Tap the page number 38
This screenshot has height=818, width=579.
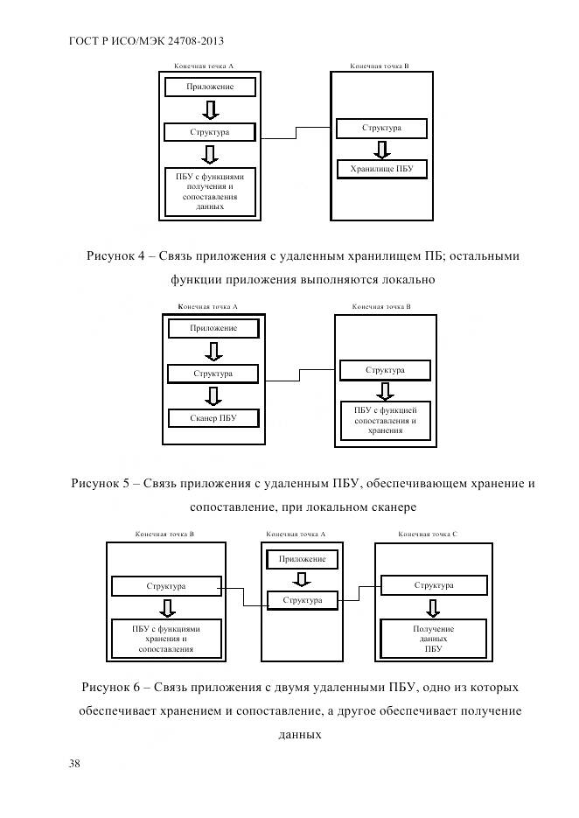coord(74,764)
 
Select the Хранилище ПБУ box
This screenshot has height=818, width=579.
coord(381,169)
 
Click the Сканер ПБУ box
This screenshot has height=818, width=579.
coord(213,418)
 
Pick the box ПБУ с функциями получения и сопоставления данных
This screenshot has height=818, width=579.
coord(210,191)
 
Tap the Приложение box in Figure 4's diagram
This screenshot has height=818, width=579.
coord(210,87)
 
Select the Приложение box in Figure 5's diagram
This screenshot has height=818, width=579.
coord(213,328)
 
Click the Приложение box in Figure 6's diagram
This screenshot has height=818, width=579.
coord(302,558)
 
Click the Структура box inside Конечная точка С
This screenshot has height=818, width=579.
coord(434,585)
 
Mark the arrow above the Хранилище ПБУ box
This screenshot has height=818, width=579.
coord(382,148)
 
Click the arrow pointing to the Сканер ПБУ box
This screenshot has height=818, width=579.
coord(213,395)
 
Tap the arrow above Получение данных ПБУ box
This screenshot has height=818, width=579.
coord(434,606)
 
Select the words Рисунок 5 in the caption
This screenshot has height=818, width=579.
coord(103,483)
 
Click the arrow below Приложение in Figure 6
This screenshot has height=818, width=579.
coord(302,579)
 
